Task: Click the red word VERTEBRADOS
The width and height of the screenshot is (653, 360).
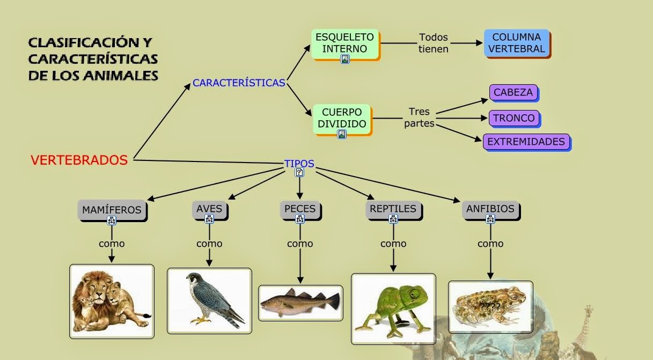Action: pos(79,160)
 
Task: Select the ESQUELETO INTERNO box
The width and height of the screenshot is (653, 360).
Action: pos(345,43)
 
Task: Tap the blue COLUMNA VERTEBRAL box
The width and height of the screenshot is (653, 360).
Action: pos(517,43)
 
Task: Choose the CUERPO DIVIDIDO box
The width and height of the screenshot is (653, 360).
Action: pos(342,118)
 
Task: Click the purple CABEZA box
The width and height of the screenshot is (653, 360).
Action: pos(513,93)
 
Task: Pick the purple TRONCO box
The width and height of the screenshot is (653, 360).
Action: pos(513,118)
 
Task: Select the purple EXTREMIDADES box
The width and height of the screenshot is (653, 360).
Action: pos(526,142)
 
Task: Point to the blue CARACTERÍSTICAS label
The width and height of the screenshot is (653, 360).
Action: pos(239,83)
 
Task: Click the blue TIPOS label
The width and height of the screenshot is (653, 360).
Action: pos(299,164)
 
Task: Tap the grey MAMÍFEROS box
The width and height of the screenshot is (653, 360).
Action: pos(112,209)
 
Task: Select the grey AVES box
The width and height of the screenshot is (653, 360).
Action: pos(209,209)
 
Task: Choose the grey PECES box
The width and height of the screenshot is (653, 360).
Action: pos(300,209)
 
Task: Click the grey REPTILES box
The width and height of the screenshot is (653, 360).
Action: pos(393,209)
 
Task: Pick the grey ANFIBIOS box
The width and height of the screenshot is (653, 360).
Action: pos(490,209)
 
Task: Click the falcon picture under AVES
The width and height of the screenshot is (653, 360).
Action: pos(209,300)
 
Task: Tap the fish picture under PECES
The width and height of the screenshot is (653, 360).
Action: pos(300,303)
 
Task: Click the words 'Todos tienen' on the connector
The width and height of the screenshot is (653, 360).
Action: pos(434,43)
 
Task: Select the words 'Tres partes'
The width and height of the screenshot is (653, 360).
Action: pos(419,117)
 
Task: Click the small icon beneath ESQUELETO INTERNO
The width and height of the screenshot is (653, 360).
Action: pos(345,59)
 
